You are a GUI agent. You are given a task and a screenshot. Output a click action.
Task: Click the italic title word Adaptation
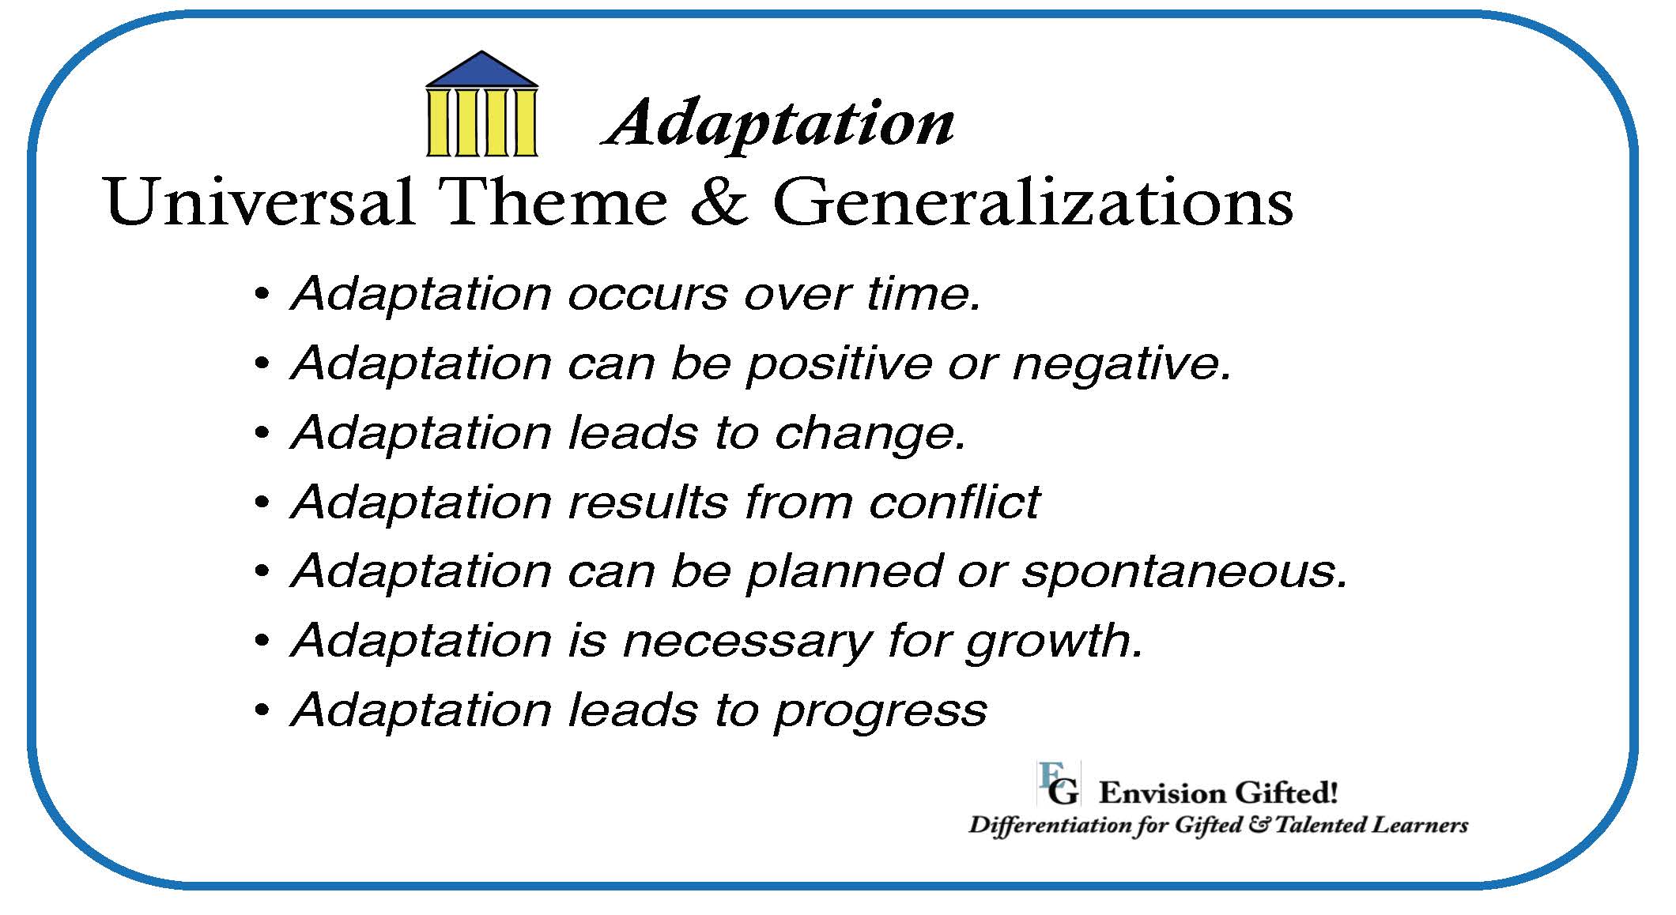point(779,123)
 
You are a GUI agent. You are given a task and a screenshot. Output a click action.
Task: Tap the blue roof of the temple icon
point(481,70)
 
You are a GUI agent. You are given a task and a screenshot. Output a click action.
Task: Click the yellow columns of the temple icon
point(481,122)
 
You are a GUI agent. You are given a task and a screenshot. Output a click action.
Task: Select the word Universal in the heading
point(259,201)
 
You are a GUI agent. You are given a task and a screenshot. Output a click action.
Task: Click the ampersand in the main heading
point(719,201)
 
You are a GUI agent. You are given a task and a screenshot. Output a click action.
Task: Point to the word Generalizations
point(1032,201)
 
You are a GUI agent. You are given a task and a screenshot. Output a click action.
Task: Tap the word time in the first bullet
point(923,294)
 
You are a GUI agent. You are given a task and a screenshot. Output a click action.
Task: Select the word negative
point(1122,364)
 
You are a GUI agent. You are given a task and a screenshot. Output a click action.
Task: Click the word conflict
point(954,501)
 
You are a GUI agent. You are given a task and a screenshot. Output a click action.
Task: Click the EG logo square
point(1058,783)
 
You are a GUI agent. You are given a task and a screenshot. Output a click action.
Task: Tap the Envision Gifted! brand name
point(1217,793)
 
